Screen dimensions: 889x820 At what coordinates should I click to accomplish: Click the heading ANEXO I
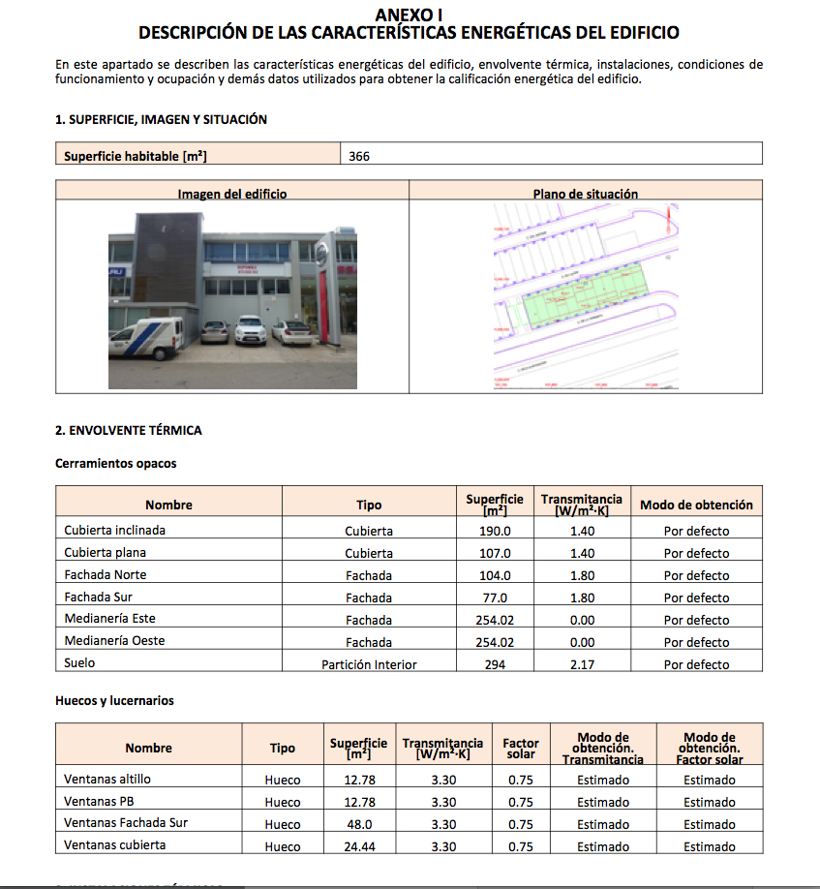tap(409, 15)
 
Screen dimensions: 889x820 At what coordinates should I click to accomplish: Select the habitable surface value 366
tap(360, 155)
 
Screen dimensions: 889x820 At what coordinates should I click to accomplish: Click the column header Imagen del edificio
tap(232, 194)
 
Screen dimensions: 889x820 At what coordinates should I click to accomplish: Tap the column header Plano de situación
tap(586, 194)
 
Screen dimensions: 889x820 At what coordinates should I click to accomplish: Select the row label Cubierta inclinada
tap(114, 531)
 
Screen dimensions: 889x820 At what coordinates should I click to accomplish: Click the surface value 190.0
tap(495, 532)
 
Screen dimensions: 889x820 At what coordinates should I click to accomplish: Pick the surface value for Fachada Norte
tap(495, 575)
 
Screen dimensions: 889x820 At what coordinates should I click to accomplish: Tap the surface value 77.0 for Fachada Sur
tap(495, 598)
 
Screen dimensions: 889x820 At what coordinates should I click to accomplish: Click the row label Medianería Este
tap(109, 619)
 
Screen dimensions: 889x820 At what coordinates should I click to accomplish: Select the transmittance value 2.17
tap(582, 664)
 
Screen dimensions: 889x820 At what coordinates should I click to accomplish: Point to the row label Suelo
tap(79, 663)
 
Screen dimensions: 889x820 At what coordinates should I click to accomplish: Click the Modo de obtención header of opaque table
tap(696, 505)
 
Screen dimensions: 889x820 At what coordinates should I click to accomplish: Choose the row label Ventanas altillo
tap(107, 779)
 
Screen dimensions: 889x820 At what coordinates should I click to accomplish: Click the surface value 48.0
tap(359, 824)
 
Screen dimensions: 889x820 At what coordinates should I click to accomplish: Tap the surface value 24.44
tap(359, 846)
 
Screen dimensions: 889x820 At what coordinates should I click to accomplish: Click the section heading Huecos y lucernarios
tap(114, 700)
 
